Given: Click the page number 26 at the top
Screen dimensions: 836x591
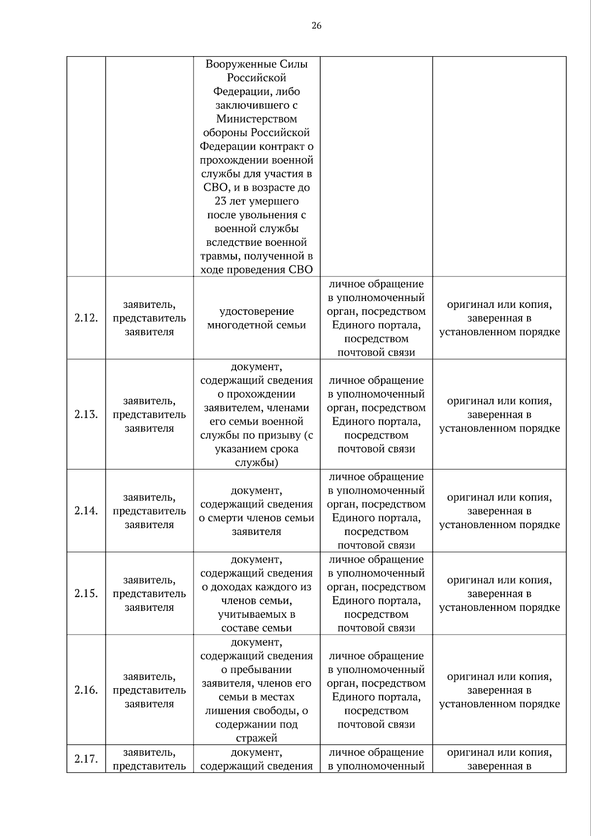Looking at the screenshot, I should pos(316,26).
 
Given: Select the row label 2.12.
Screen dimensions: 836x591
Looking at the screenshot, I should pos(86,318).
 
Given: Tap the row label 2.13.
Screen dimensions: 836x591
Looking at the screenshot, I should pos(86,415).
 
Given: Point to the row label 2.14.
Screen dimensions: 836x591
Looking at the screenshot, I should pos(86,511).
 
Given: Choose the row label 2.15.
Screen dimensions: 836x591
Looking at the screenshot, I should pos(86,594).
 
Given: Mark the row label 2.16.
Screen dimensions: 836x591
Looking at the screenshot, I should pos(86,690).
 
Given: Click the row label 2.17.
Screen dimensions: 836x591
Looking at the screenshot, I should pos(86,759).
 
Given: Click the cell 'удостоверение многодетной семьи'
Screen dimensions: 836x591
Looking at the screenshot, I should pos(256,318).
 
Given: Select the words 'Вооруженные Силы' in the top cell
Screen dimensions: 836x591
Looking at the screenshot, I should pos(256,64).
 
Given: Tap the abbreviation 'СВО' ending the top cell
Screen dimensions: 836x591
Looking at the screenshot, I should pos(301,270).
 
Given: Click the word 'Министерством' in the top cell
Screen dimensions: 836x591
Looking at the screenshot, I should pos(256,119).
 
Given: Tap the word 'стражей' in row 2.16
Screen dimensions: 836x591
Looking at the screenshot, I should pos(256,738).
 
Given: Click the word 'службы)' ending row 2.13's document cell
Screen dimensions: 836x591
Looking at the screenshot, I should pos(256,463).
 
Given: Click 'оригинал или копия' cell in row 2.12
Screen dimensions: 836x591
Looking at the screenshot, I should pos(499,318).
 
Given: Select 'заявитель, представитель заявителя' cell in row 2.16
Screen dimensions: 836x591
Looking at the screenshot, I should pos(149,690).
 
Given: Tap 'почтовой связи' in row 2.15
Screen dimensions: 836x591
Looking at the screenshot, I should pos(376,628).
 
